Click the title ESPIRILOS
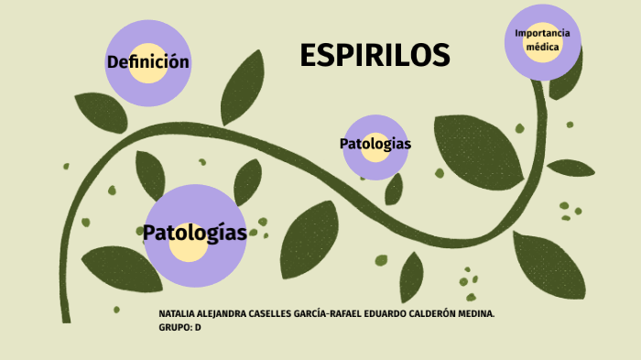[x=375, y=56]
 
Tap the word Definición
[x=147, y=62]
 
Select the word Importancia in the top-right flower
[x=542, y=33]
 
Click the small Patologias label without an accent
[x=375, y=144]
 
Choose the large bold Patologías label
[x=195, y=233]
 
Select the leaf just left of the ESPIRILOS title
[x=243, y=87]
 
